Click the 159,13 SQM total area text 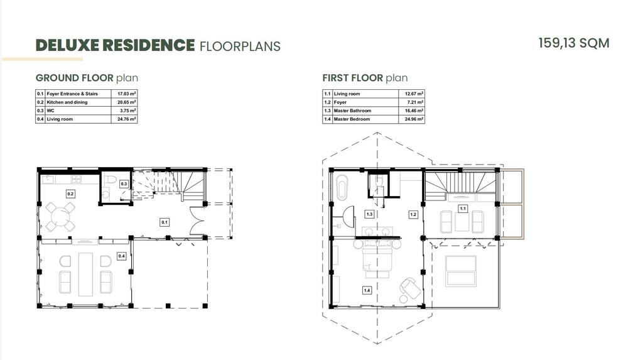(574, 43)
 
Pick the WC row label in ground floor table (50, 111)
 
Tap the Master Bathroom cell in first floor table (352, 111)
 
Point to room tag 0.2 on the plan (70, 194)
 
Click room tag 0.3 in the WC (124, 184)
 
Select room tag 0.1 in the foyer (165, 222)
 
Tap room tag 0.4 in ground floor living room (121, 256)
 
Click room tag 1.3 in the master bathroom (369, 214)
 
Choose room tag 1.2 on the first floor (413, 214)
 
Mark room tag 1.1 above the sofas (463, 209)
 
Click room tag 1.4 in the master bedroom (367, 290)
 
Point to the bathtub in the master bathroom (342, 187)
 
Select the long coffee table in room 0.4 (85, 274)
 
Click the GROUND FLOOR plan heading (87, 78)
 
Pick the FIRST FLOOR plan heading (365, 78)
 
